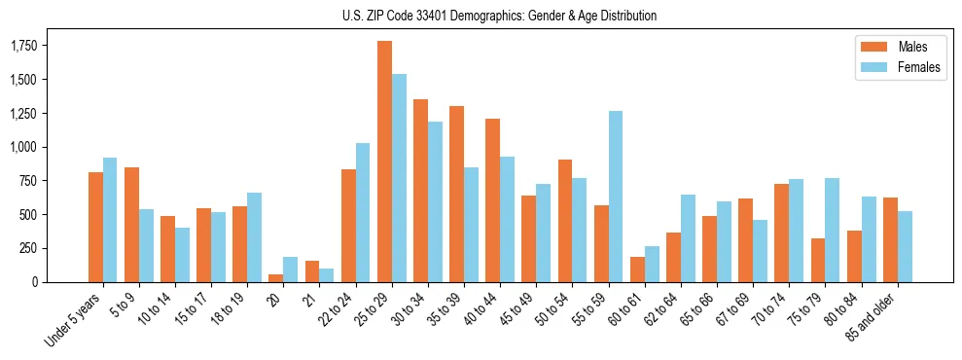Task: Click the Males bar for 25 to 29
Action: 384,162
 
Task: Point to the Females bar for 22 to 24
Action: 363,212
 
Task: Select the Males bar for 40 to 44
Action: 493,200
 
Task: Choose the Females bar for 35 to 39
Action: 471,225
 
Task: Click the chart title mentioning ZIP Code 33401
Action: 499,16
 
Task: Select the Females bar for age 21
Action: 327,275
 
